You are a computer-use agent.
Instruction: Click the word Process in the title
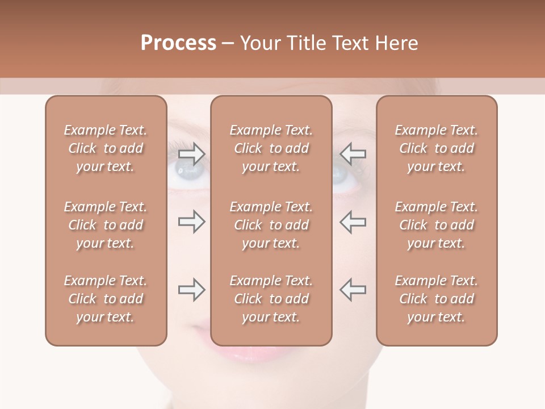178,43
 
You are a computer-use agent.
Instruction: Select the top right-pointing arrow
191,153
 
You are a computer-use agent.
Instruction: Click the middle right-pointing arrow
191,222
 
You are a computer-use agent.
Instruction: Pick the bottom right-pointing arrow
191,290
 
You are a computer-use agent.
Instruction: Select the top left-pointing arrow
353,153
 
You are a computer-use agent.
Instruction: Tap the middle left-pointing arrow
353,222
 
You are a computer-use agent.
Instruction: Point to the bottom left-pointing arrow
353,290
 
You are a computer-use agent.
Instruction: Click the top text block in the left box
106,148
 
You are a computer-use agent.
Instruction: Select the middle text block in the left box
106,225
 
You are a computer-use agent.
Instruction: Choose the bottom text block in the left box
106,299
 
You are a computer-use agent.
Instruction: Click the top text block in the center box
271,148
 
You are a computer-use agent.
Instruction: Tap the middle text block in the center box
271,225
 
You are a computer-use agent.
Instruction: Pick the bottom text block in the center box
271,299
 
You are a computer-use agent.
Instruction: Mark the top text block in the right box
437,148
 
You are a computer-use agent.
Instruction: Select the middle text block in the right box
437,225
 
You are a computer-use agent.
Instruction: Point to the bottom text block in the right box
437,299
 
